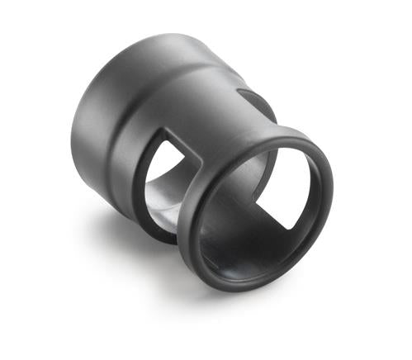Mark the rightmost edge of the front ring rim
pyautogui.click(x=331, y=187)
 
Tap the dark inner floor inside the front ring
pyautogui.click(x=239, y=248)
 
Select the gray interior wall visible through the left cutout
pyautogui.click(x=161, y=198)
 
